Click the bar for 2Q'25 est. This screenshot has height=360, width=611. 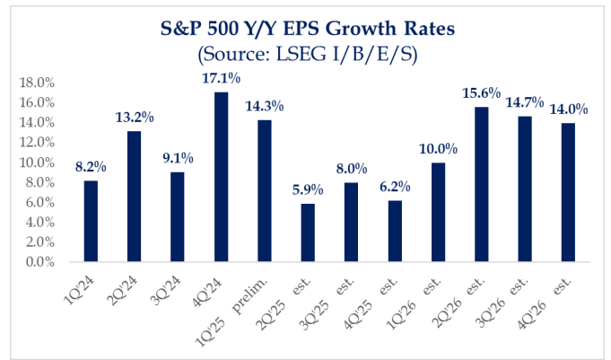point(309,233)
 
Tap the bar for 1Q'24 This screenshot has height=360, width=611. point(91,221)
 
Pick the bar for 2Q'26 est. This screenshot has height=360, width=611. point(483,184)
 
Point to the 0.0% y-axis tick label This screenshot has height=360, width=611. point(40,262)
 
